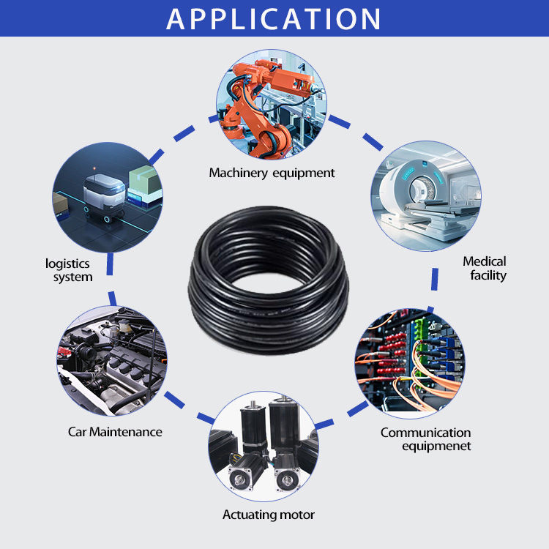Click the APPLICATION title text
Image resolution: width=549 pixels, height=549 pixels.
[x=274, y=18]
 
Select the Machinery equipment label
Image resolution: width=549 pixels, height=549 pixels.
[x=272, y=173]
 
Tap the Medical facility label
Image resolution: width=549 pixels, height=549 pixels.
[x=485, y=269]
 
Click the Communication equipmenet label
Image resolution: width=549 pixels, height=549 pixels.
[x=425, y=439]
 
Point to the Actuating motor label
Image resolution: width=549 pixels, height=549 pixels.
[x=269, y=515]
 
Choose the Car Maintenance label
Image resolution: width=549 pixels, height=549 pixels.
[x=115, y=432]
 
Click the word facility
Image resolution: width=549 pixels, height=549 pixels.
[x=488, y=276]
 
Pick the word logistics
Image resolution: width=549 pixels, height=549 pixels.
[x=67, y=263]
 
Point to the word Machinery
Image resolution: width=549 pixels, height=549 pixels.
[x=239, y=173]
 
